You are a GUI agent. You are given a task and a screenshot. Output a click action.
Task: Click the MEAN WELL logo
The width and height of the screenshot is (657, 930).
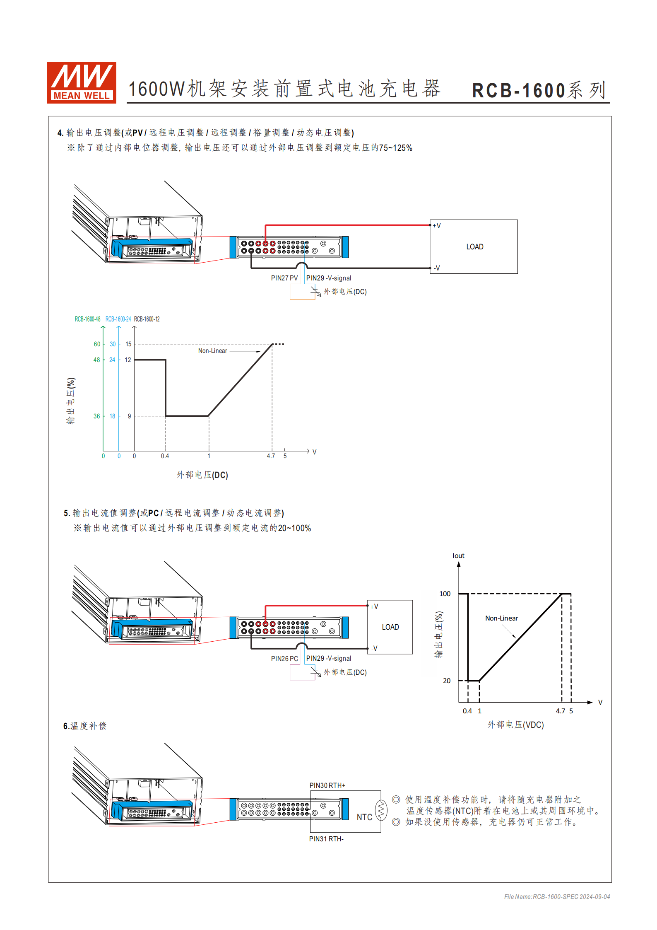click(82, 82)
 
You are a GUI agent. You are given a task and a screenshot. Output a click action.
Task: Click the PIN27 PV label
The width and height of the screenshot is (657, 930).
click(284, 278)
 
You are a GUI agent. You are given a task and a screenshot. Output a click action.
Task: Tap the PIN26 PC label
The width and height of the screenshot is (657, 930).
click(284, 659)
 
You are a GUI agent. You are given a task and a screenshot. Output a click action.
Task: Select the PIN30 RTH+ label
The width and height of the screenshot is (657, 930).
click(327, 785)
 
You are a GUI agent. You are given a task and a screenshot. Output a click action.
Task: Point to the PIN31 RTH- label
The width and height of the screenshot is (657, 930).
click(326, 839)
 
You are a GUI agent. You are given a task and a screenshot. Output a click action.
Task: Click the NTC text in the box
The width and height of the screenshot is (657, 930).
click(364, 817)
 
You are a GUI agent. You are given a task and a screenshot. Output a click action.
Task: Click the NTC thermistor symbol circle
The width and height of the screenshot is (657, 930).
click(381, 810)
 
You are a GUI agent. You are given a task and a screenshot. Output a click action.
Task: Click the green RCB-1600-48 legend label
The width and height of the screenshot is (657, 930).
click(87, 319)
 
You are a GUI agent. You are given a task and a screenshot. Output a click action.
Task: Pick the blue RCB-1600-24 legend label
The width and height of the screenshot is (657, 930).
click(118, 319)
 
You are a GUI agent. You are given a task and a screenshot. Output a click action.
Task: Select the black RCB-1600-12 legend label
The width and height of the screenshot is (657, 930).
click(147, 319)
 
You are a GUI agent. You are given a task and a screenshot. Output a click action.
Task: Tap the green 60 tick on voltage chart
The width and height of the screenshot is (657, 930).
click(97, 344)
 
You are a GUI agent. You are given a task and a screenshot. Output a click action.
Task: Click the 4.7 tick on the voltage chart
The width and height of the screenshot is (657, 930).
click(271, 456)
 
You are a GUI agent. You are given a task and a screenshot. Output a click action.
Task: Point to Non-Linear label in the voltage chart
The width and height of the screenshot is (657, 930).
click(212, 351)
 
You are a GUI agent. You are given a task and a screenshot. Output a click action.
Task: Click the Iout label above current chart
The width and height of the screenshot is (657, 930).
click(458, 556)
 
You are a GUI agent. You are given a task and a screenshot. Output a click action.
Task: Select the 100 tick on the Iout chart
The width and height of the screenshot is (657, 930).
click(445, 594)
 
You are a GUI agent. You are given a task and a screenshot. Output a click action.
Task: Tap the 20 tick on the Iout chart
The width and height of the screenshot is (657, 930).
click(447, 681)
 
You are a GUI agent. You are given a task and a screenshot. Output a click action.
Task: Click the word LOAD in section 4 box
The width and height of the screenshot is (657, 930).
click(474, 247)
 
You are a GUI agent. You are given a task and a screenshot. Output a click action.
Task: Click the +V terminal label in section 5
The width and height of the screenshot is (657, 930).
click(374, 606)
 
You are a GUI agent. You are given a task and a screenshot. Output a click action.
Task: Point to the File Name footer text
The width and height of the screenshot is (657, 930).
click(557, 897)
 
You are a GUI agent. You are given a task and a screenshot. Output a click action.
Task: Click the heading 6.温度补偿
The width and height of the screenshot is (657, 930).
click(85, 726)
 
